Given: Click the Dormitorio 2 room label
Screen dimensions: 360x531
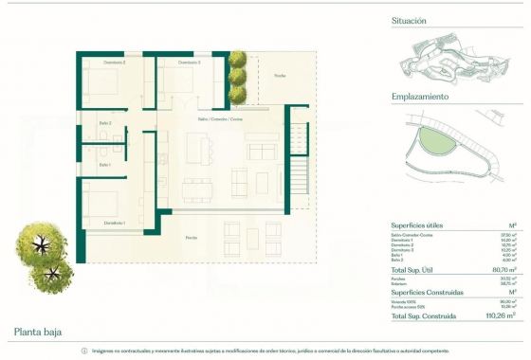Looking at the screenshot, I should [x=116, y=63].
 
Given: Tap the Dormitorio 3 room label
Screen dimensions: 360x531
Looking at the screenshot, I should [x=191, y=63].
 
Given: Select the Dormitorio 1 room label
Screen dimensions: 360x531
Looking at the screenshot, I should [x=116, y=223].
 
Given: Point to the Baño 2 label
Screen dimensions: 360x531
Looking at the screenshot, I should [x=105, y=123].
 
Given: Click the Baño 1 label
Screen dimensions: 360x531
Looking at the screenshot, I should [x=105, y=165].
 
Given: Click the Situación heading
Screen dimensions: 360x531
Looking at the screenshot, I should [x=409, y=20].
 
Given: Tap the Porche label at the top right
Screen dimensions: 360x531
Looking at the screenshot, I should [x=279, y=75].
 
